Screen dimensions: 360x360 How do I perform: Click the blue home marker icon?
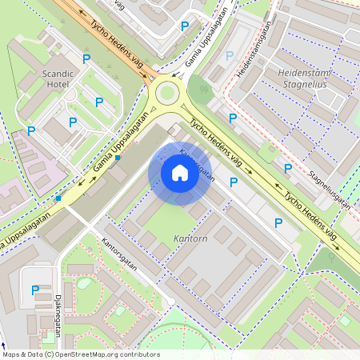click(x=180, y=173)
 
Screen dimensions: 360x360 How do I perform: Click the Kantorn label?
click(x=190, y=239)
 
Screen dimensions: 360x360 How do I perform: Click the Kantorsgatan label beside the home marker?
click(x=197, y=163)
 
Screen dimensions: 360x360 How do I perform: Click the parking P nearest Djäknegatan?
click(x=34, y=290)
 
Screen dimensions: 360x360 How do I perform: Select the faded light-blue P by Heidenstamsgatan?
click(x=230, y=56)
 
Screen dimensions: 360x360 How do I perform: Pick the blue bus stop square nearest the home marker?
click(x=118, y=158)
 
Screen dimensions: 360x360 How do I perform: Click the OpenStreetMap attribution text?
click(x=82, y=354)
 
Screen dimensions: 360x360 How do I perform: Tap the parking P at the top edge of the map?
click(x=185, y=26)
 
